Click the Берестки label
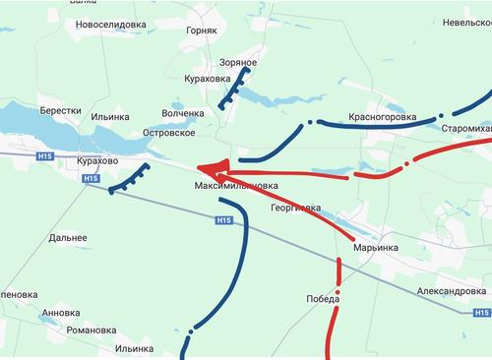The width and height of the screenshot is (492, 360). (60, 111)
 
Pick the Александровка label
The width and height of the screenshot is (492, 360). (440, 292)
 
